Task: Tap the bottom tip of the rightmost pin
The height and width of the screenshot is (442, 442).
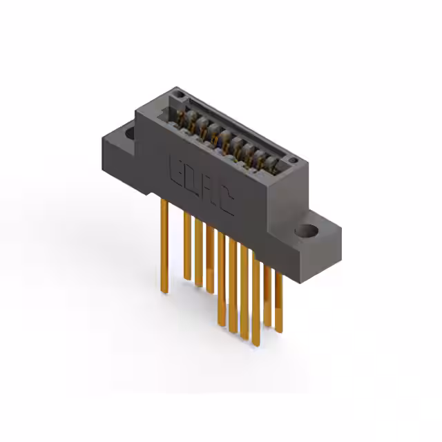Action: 278,331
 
